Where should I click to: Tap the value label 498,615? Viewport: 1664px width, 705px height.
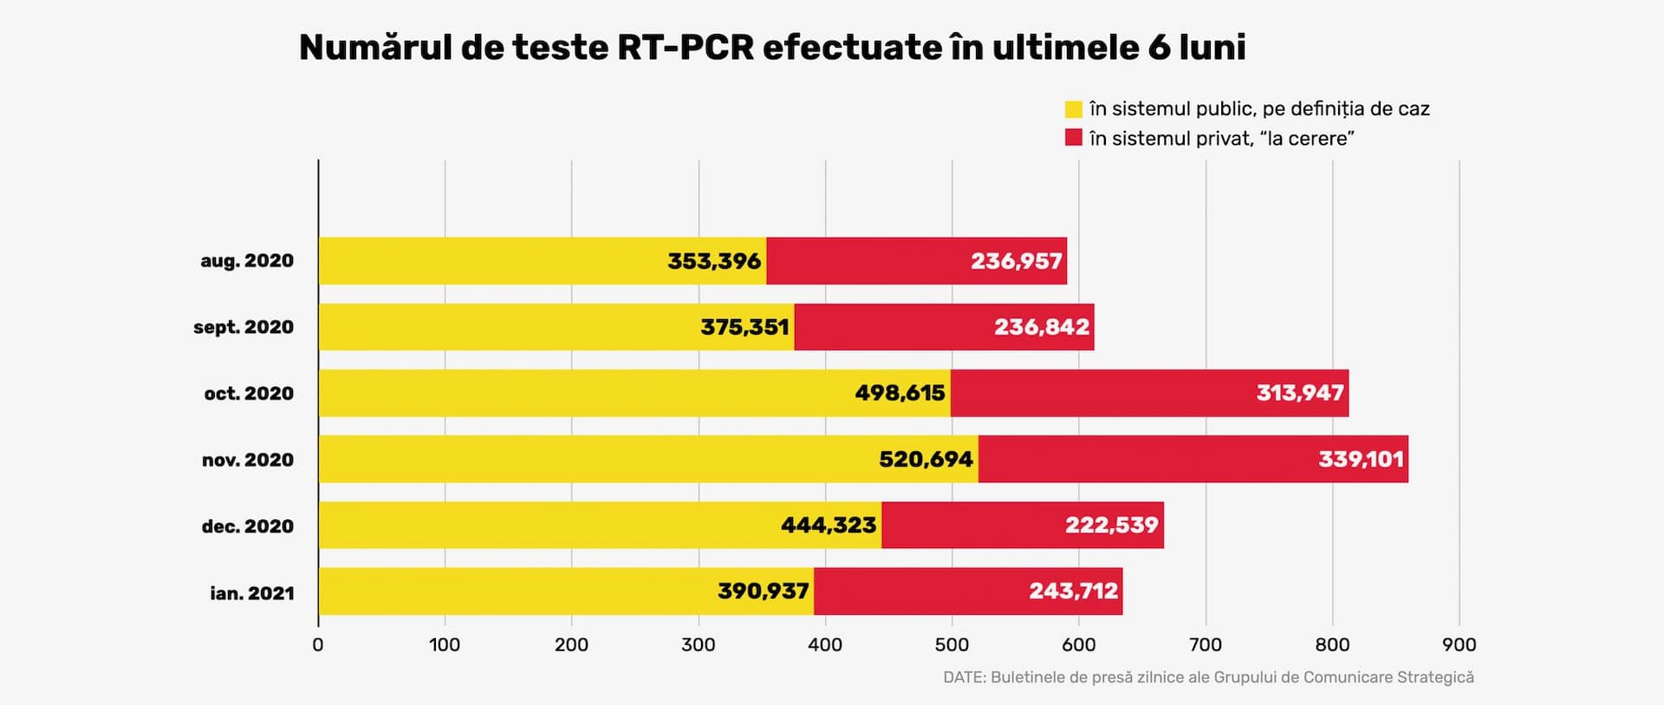[900, 393]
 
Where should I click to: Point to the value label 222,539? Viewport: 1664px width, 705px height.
[1111, 525]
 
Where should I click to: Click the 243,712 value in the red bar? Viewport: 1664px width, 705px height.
[1073, 591]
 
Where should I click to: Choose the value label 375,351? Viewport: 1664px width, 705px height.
[744, 327]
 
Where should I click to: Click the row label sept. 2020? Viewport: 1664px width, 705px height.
[244, 327]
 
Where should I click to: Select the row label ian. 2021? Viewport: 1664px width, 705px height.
[252, 593]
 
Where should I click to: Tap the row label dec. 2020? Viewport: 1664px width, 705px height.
[248, 526]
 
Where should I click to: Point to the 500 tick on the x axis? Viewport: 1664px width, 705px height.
[952, 644]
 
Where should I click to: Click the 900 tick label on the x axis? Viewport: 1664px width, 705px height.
[1459, 644]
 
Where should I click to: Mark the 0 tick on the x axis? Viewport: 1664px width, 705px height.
[318, 644]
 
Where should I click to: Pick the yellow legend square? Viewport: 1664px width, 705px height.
[1074, 109]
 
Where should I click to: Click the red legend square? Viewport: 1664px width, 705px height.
[1074, 138]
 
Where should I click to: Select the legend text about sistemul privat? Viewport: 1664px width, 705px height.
[1222, 139]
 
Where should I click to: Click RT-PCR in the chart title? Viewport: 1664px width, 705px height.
[686, 48]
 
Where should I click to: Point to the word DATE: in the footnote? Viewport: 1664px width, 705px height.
[964, 677]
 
